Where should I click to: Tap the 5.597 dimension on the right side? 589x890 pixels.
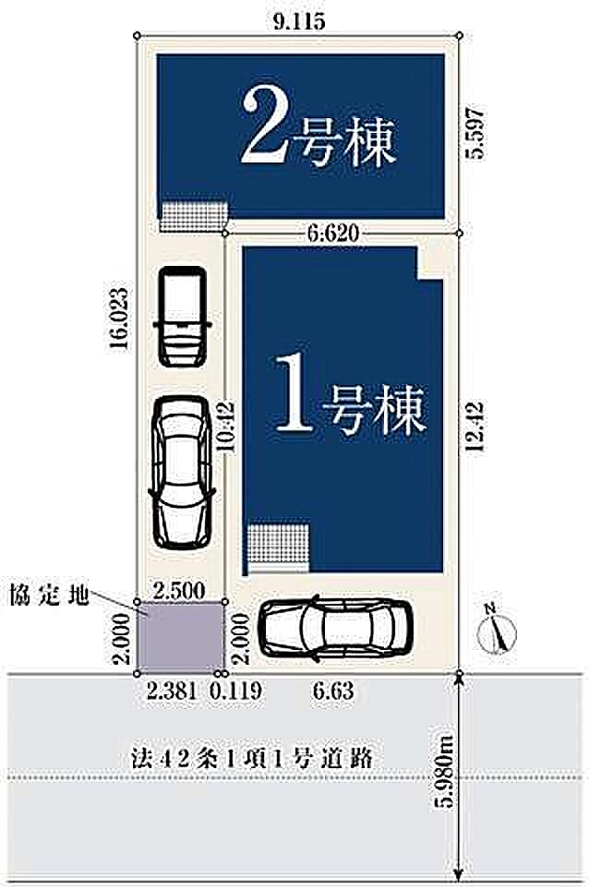click(x=477, y=133)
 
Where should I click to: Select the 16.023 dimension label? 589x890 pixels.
click(x=120, y=319)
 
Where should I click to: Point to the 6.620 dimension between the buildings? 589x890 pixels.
click(x=332, y=234)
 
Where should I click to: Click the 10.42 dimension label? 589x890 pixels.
click(x=228, y=427)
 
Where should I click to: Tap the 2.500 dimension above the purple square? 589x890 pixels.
click(x=179, y=590)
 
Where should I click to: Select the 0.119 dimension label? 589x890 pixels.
click(x=236, y=691)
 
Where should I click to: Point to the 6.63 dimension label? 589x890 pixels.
click(x=333, y=691)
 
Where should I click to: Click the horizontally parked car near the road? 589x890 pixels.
click(x=335, y=631)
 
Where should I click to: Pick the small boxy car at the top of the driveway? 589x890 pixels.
click(x=181, y=316)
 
